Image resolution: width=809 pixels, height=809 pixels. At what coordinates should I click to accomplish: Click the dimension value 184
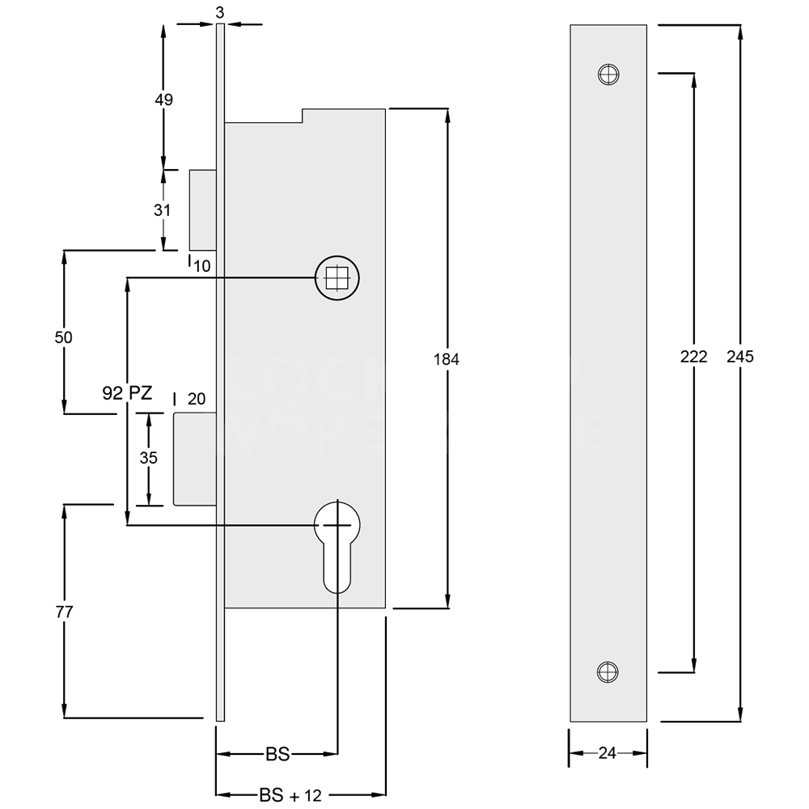pos(445,359)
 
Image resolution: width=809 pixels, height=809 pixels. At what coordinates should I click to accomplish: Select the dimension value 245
pos(739,356)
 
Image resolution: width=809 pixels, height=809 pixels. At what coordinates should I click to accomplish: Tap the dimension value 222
pos(693,356)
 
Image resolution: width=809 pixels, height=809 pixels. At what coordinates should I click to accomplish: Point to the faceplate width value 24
pos(607,753)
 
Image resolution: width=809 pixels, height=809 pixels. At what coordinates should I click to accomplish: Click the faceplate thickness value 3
pos(219,11)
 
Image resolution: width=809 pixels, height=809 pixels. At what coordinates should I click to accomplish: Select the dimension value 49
pos(163,100)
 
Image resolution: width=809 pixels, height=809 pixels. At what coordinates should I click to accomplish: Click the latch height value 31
pos(163,210)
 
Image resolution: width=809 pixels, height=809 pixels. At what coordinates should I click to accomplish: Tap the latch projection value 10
pos(201,265)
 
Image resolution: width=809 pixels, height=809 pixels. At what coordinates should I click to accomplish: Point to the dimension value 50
pos(64,337)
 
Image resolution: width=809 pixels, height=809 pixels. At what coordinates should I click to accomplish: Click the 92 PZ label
pos(127,393)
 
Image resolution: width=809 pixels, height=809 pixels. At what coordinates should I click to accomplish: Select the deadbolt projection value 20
pos(197,398)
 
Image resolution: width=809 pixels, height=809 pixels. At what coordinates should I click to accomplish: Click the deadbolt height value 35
pos(148,457)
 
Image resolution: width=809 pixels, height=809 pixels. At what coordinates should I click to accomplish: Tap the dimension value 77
pos(64,612)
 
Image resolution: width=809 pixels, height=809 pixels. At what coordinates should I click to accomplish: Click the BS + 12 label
pos(290,795)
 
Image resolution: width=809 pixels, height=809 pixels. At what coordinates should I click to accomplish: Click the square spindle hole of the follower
pos(337,278)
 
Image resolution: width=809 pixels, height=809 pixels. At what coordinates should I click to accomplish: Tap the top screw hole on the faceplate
pos(608,74)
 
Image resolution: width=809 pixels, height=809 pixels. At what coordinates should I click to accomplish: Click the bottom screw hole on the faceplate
pos(608,671)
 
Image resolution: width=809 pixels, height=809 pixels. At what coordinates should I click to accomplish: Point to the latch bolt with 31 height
pos(202,210)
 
